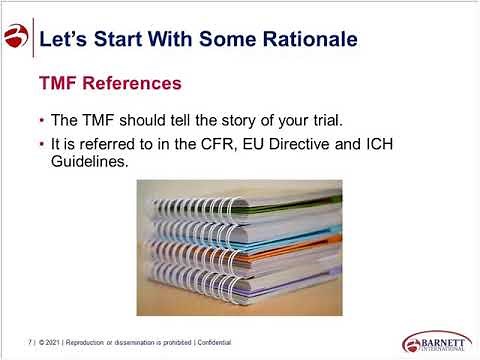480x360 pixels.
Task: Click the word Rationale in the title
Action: click(x=305, y=40)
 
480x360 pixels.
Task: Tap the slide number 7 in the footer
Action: click(x=30, y=341)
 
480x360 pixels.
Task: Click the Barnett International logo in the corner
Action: click(x=435, y=340)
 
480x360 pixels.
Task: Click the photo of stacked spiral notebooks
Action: click(x=239, y=247)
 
